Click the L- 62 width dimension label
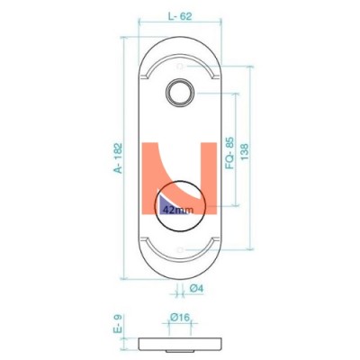coord(180,16)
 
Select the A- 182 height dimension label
coord(118,157)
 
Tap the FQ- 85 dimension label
coord(229,153)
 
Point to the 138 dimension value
coord(245,152)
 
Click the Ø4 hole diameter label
coord(196,288)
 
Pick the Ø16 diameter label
coord(180,317)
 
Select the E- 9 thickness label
coord(118,324)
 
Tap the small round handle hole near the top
coord(180,93)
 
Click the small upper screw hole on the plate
coord(180,67)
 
